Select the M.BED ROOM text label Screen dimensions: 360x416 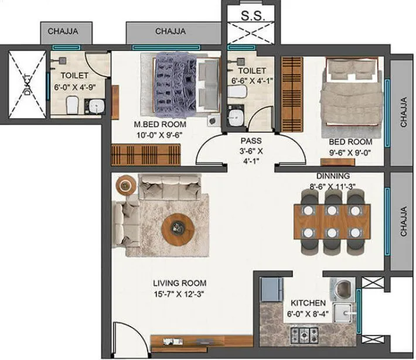pos(160,125)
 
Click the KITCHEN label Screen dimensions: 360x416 pos(308,303)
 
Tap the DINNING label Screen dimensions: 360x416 pos(333,176)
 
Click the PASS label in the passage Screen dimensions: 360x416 pos(251,141)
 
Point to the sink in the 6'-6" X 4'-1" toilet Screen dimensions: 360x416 pos(234,115)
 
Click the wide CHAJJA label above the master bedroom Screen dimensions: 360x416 pos(171,31)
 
